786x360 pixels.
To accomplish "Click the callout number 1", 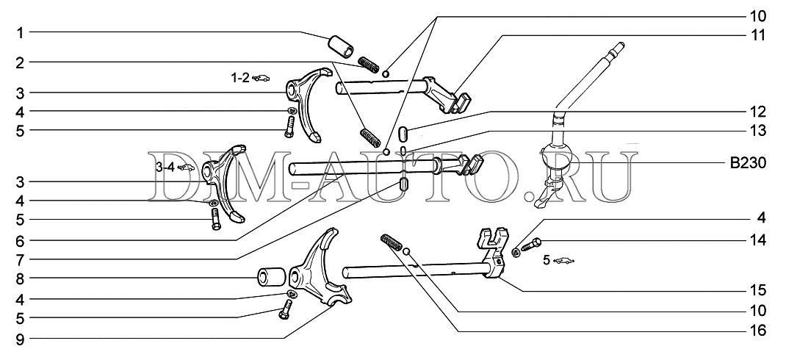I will (x=21, y=32).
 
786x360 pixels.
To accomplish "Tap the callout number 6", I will (x=21, y=240).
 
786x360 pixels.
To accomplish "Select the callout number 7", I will (x=21, y=259).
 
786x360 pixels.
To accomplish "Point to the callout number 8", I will (x=21, y=278).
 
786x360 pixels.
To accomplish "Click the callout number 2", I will (x=21, y=63).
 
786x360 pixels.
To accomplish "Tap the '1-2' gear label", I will (x=239, y=76).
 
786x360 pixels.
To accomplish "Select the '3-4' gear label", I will (x=165, y=167).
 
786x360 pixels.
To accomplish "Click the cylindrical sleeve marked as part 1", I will (x=342, y=46).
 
